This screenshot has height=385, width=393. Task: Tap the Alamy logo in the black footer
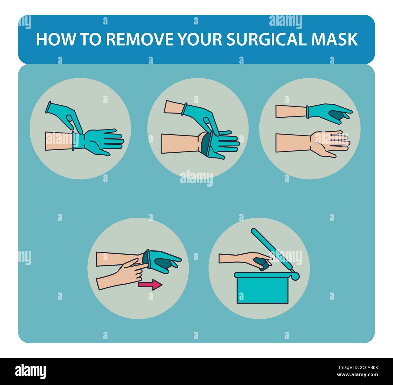coord(30,371)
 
